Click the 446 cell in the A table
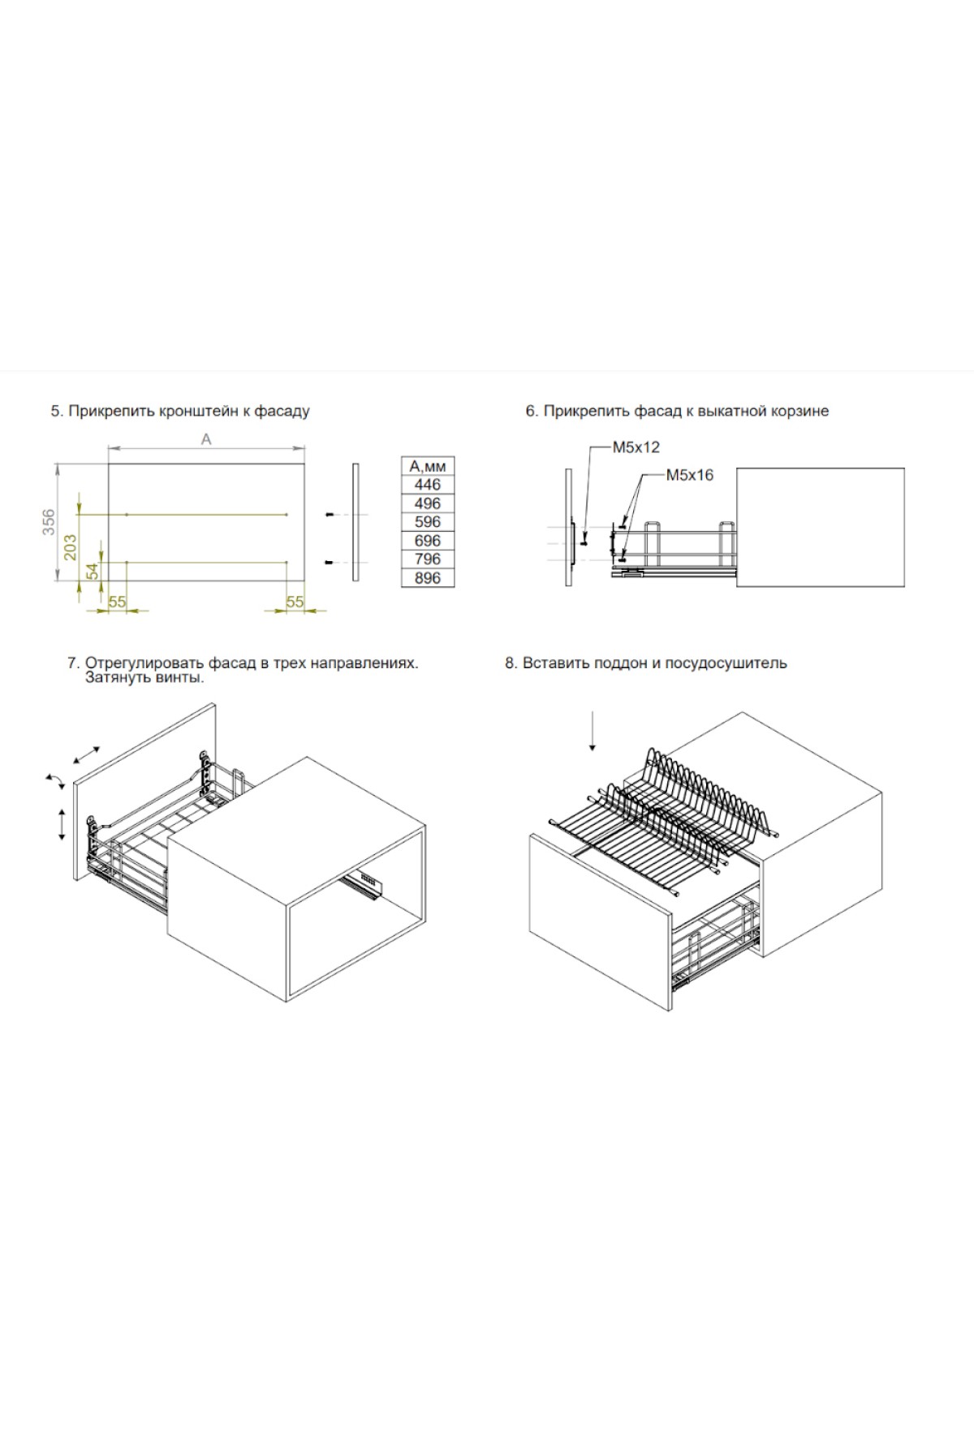coord(428,485)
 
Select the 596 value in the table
coord(428,522)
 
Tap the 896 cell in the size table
coord(428,578)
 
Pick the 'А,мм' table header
coord(428,466)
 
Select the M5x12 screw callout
coord(636,447)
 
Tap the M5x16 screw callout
coord(690,475)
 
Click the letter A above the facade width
coord(206,438)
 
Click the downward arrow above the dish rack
coord(593,730)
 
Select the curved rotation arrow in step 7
coord(56,781)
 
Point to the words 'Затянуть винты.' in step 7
coord(144,677)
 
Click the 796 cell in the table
coord(428,559)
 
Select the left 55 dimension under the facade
coord(118,602)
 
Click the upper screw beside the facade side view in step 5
coord(330,515)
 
